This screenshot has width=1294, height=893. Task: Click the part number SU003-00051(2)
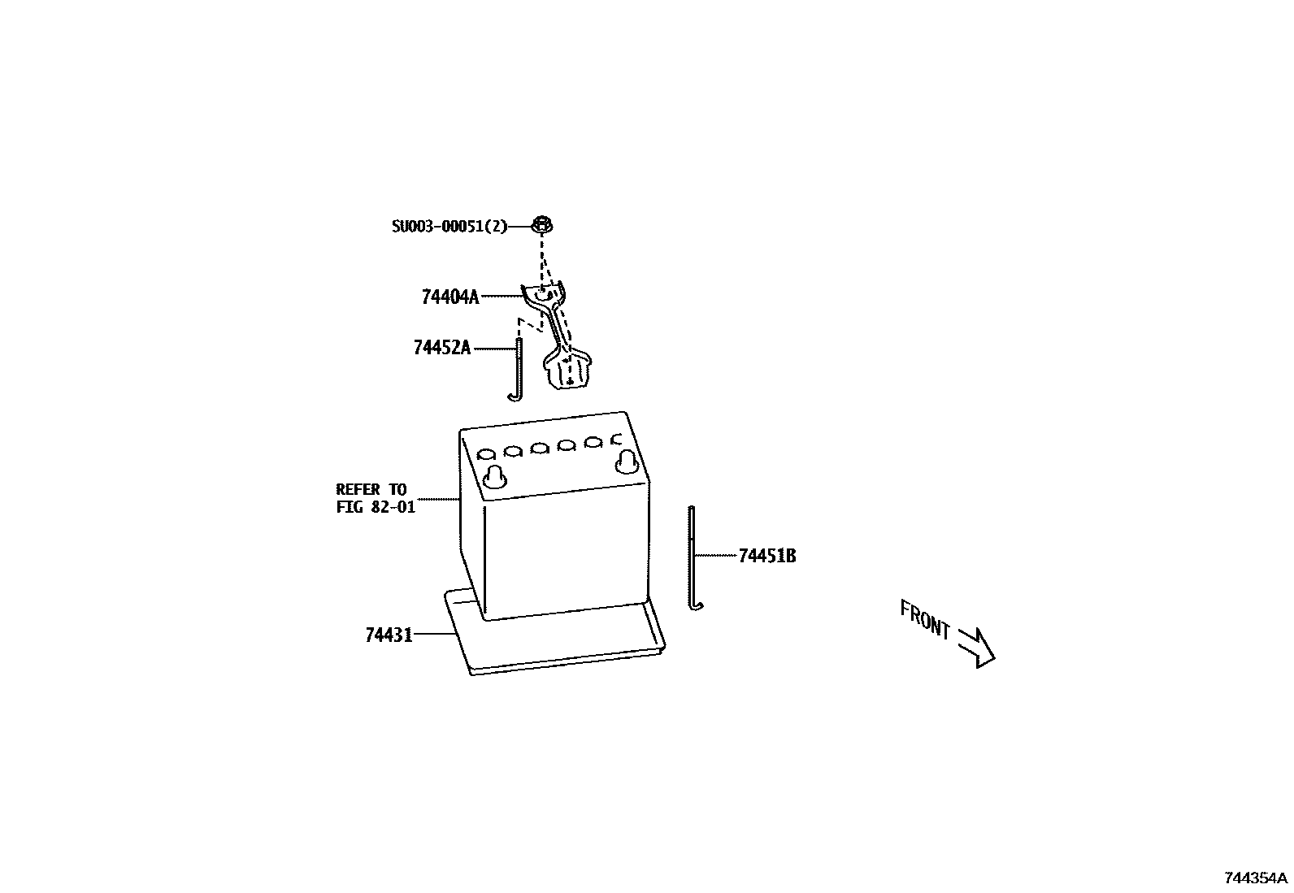point(449,226)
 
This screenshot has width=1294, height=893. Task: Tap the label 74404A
point(450,297)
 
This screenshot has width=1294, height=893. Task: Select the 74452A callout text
point(442,348)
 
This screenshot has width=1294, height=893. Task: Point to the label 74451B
point(766,556)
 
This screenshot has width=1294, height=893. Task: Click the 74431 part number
point(389,635)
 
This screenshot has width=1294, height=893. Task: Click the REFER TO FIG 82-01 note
point(375,498)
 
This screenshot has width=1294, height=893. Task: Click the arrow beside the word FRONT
point(976,646)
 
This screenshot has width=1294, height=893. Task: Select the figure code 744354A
point(1257,878)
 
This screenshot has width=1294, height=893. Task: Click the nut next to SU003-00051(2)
point(542,223)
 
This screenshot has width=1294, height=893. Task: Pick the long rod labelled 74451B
point(692,553)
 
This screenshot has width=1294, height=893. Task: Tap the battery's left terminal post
point(493,478)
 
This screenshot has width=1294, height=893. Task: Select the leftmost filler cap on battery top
point(487,453)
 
